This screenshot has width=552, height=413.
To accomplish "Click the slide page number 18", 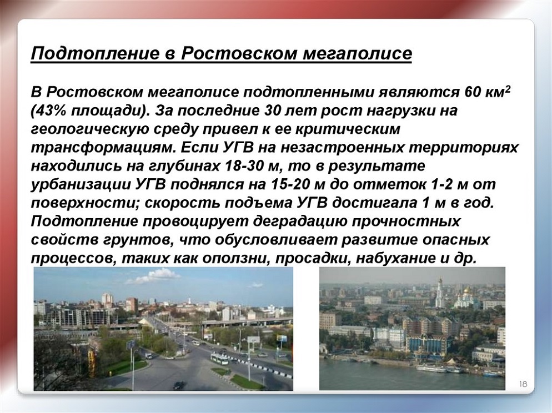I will (x=523, y=384).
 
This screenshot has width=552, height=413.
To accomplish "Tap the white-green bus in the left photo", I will (x=219, y=359).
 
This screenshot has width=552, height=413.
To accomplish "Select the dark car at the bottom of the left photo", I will (x=179, y=385).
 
